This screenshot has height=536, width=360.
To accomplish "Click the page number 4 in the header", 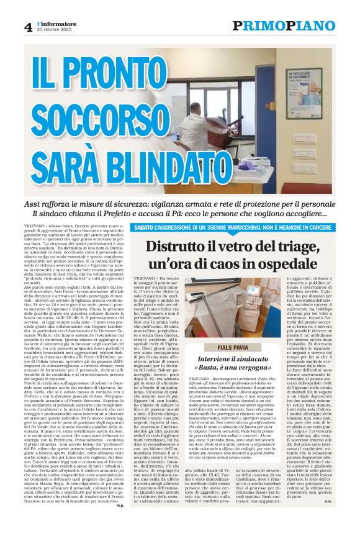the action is pos(28,27).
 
